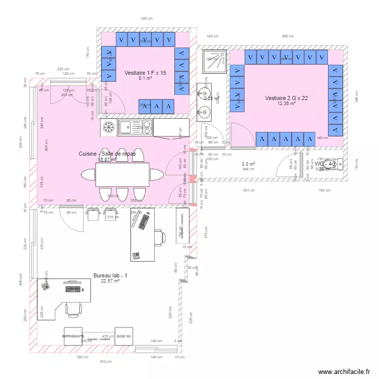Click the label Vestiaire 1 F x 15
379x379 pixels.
145,73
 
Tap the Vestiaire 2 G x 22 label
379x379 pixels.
287,98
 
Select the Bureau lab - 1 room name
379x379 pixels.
111,275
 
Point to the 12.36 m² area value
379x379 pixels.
287,104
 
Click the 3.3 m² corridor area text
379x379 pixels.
248,164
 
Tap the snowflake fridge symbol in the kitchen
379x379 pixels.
108,127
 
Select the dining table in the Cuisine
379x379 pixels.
122,174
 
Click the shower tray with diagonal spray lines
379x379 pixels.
215,61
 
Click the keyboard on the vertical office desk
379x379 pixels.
145,221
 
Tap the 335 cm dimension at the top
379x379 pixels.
147,19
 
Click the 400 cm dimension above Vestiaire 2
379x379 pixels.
288,36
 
